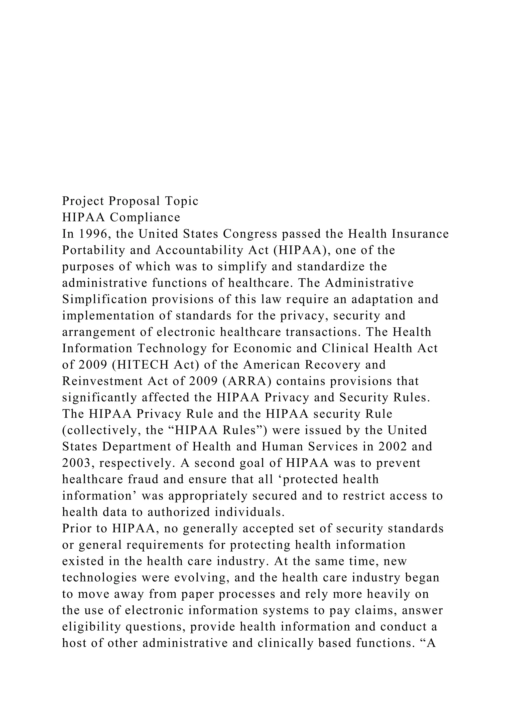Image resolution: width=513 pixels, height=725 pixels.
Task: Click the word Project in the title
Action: coord(83,201)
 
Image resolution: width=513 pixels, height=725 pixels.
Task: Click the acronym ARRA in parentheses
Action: coord(247,381)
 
